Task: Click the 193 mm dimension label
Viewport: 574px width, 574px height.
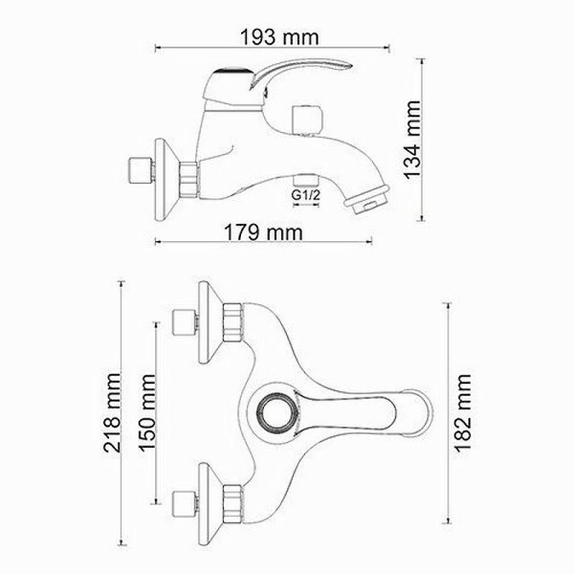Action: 279,37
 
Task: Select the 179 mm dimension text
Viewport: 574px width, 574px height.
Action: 263,232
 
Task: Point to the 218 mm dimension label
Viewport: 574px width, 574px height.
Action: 112,413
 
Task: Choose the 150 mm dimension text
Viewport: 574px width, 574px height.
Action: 147,413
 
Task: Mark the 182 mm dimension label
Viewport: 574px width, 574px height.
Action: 463,413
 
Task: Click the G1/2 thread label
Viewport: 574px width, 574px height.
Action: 306,195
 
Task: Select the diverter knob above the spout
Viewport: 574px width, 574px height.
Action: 307,120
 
